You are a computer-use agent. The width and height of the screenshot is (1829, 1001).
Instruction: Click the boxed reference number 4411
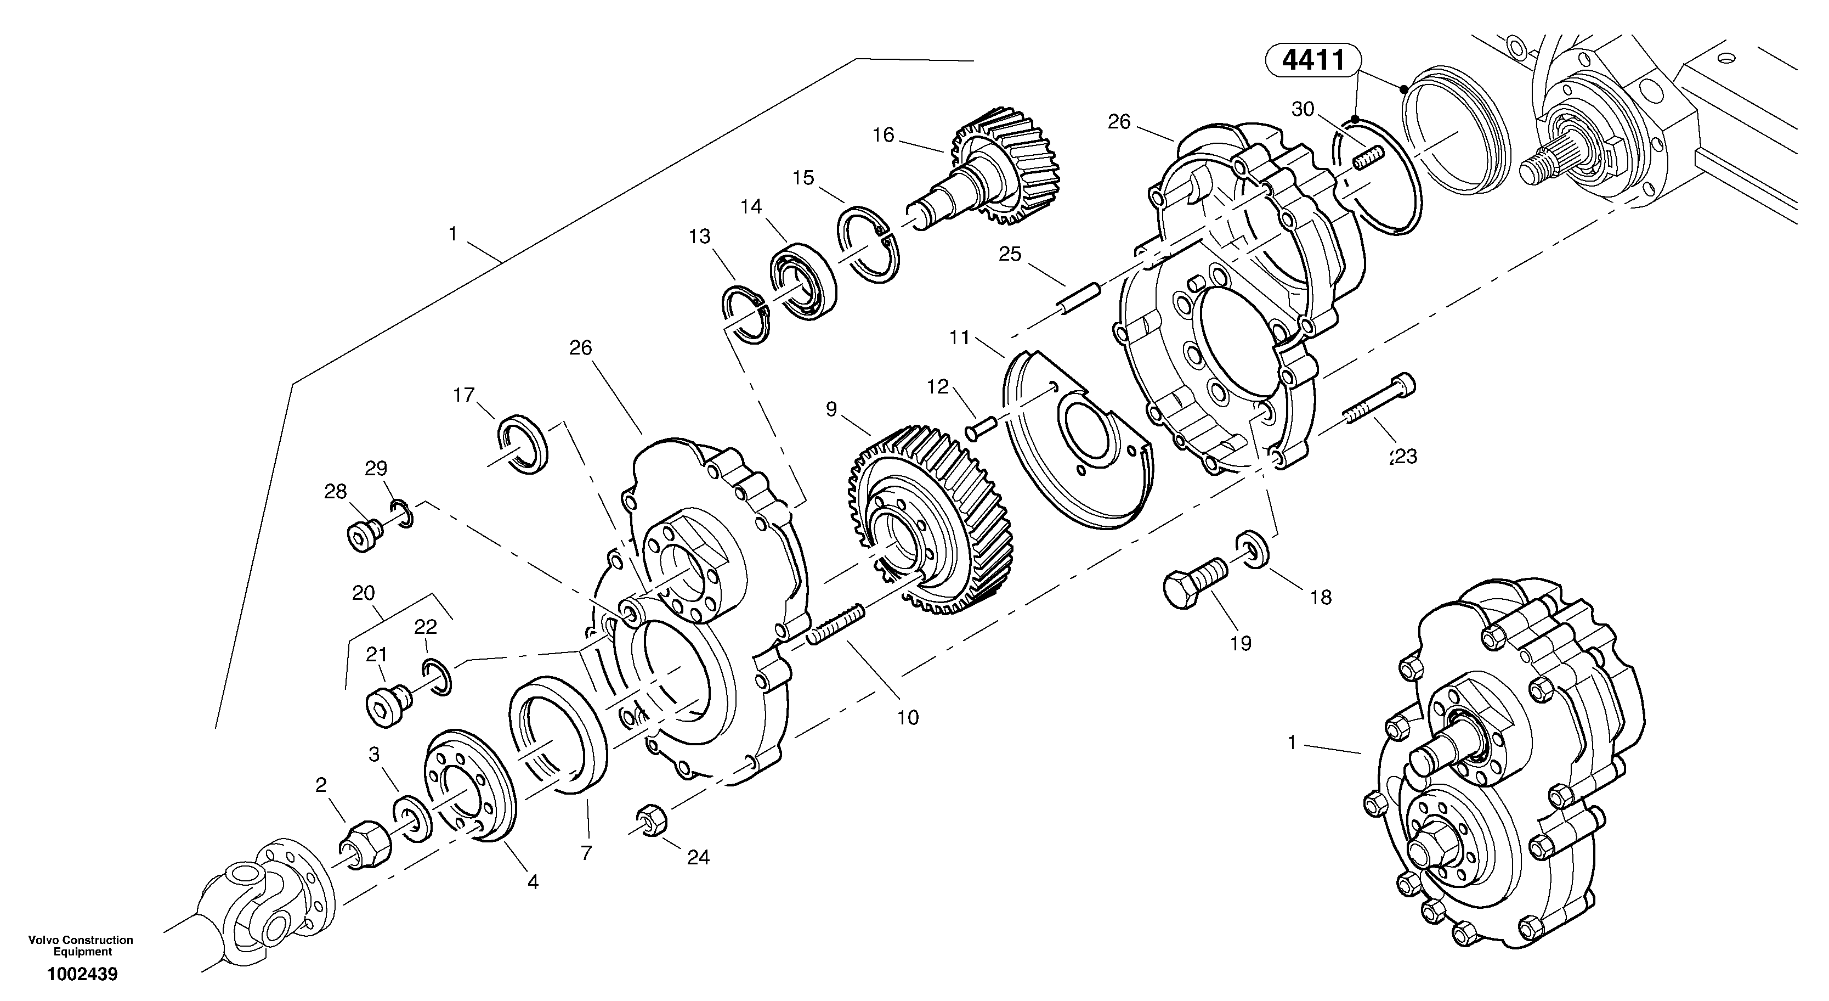pyautogui.click(x=1314, y=60)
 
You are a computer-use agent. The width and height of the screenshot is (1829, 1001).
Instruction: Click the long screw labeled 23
pyautogui.click(x=1378, y=406)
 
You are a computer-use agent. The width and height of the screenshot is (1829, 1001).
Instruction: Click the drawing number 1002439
pyautogui.click(x=82, y=974)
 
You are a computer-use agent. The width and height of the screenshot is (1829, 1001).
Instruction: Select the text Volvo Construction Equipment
pyautogui.click(x=80, y=946)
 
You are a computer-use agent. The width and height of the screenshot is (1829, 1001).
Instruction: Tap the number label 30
pyautogui.click(x=1303, y=109)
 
